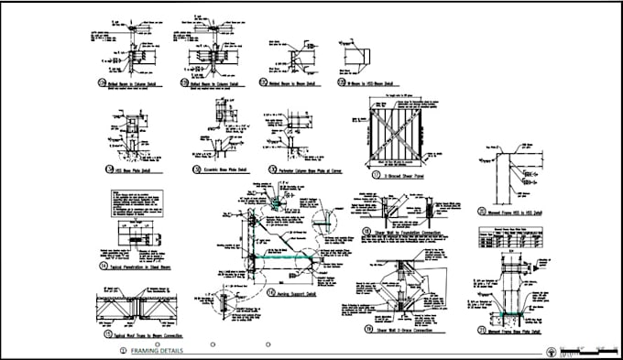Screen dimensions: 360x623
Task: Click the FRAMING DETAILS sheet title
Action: coord(157,351)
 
